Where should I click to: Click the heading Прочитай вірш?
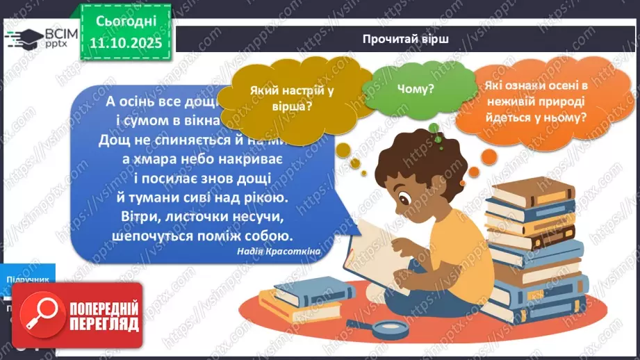(405, 39)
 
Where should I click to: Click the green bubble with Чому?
(416, 88)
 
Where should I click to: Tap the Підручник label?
(28, 279)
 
